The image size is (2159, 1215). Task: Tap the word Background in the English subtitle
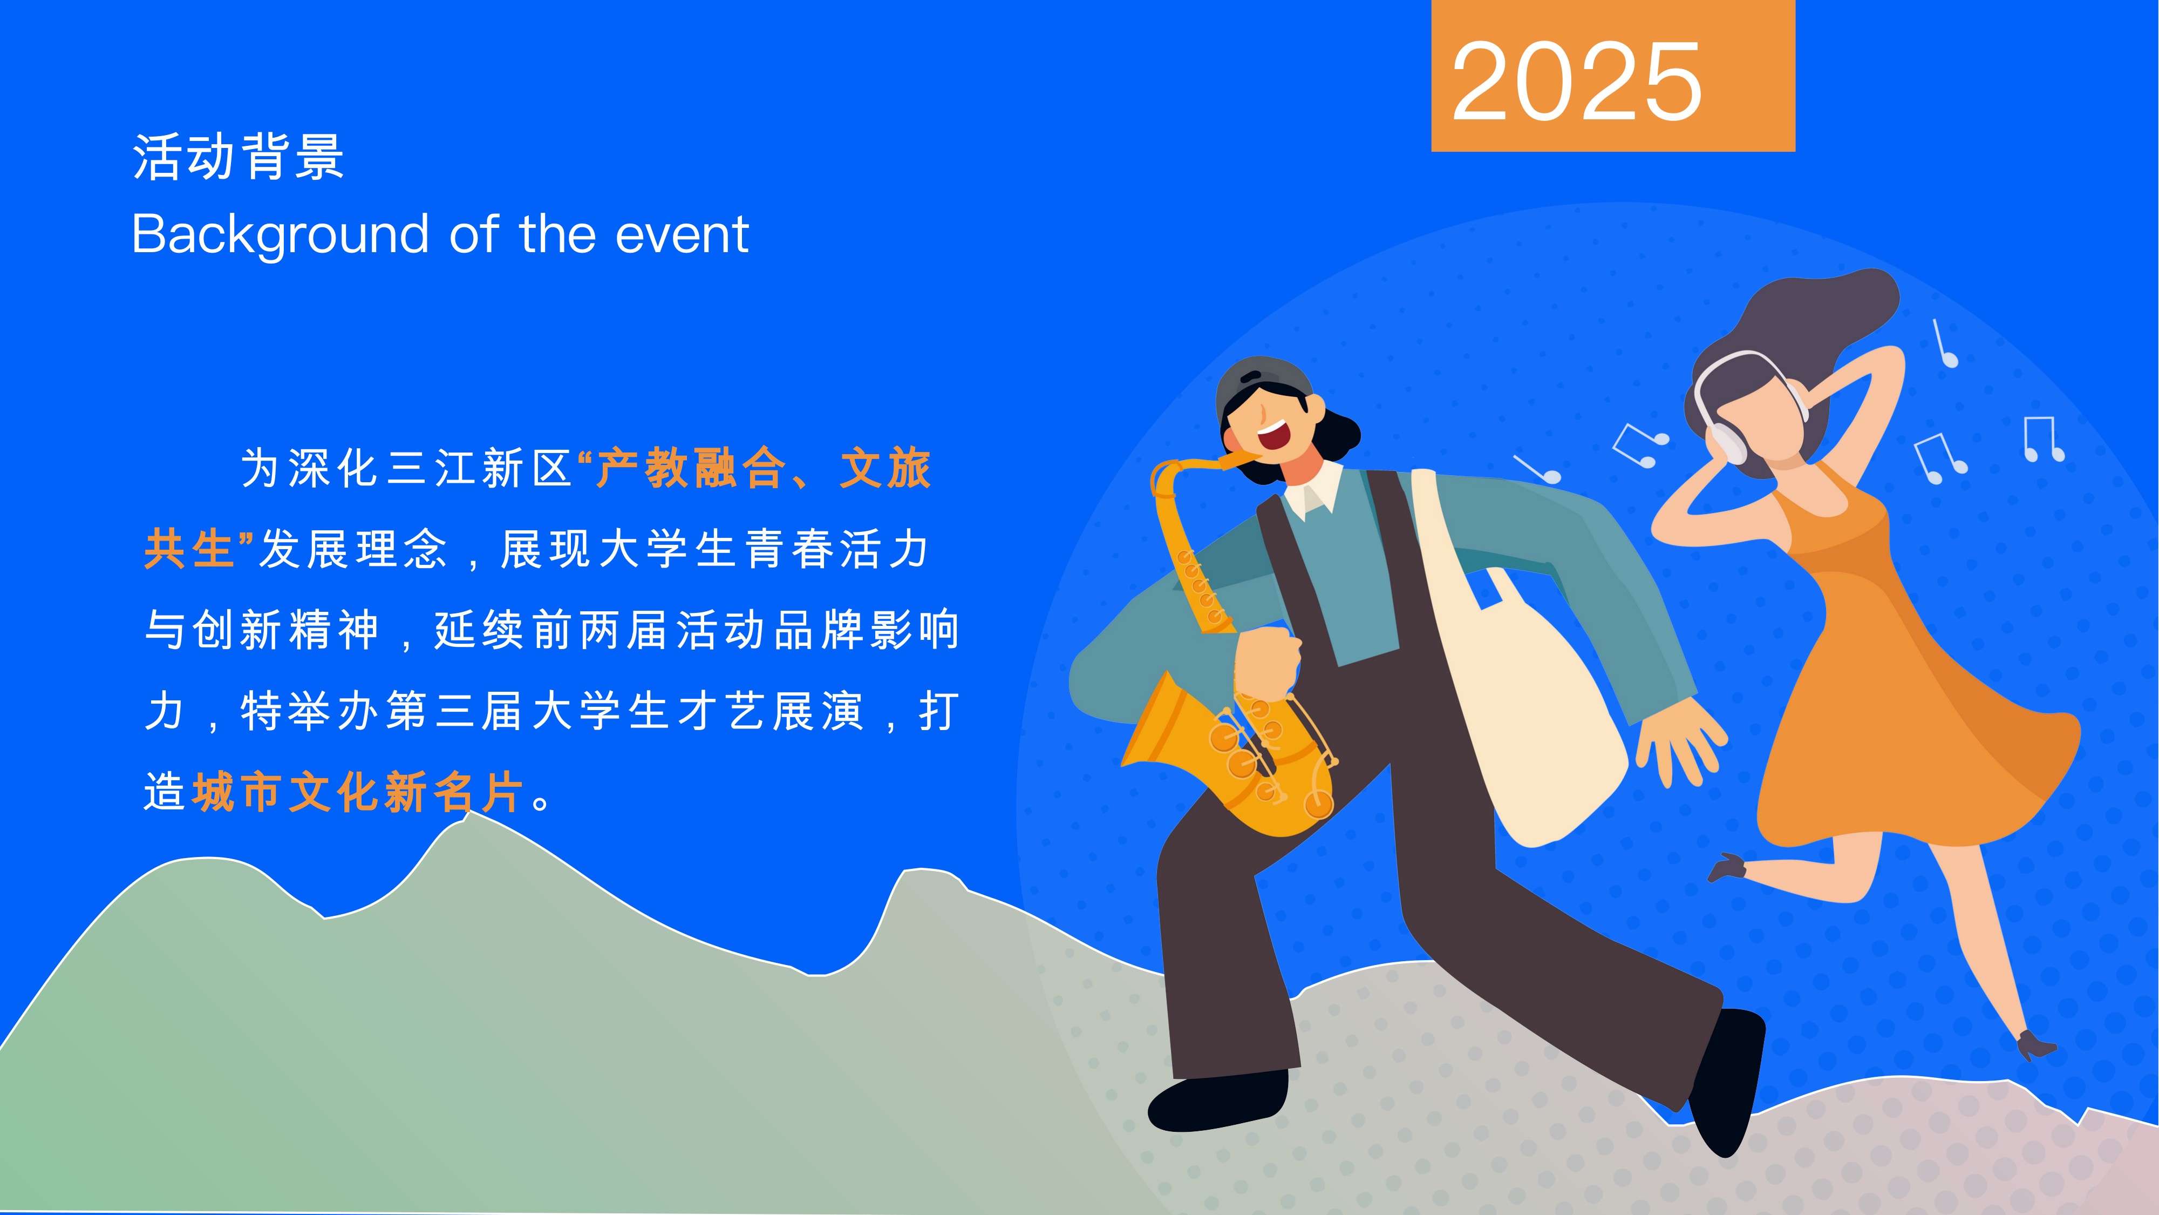coord(281,235)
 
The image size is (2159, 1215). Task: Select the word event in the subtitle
coord(682,235)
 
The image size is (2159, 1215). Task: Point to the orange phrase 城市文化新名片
coord(359,792)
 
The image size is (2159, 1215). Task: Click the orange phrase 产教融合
coord(691,467)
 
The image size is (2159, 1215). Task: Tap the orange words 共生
coord(189,549)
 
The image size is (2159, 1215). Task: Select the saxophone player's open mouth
coord(1275,434)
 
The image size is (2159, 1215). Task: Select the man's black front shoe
coord(1727,1082)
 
